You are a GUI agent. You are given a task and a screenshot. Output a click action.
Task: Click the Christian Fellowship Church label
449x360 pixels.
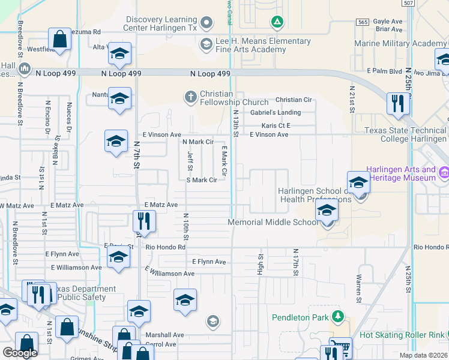point(234,98)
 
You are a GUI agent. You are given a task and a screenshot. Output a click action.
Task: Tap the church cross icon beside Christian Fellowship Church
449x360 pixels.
point(190,96)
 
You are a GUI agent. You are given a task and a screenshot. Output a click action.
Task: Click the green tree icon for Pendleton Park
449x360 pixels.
point(338,316)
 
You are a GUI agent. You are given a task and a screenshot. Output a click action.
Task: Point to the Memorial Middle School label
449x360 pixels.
point(273,222)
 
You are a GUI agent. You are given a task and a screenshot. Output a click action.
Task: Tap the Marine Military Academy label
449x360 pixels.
point(400,44)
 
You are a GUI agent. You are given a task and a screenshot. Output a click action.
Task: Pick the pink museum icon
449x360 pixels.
point(444,173)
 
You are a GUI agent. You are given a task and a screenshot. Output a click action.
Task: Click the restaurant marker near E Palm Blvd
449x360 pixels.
point(398,104)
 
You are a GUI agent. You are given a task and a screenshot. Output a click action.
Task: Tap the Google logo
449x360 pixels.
point(20,353)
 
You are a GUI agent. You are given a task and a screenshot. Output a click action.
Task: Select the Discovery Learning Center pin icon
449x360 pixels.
point(206,23)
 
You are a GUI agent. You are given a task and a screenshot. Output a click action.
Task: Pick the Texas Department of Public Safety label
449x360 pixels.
point(84,293)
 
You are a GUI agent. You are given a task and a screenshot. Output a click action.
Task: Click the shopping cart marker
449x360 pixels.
point(340,349)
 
